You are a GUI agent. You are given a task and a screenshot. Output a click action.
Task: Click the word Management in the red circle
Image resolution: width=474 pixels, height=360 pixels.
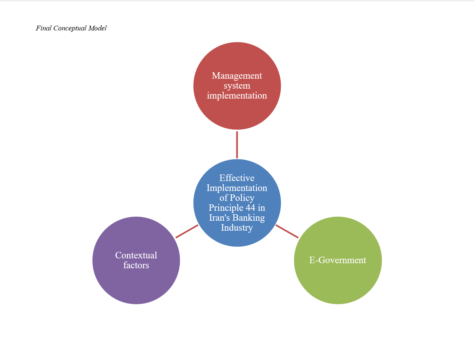(237, 76)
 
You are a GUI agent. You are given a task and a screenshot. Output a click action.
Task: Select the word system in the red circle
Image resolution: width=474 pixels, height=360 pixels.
(237, 86)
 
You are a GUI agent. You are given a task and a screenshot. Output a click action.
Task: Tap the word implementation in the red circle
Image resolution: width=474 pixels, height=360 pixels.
(237, 96)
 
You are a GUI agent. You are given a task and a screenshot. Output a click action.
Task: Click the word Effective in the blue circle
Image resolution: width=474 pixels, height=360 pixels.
(237, 178)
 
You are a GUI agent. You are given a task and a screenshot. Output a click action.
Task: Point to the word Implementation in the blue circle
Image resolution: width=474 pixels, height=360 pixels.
(237, 188)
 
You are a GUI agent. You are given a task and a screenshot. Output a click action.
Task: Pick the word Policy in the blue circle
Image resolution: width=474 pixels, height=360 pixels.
(242, 198)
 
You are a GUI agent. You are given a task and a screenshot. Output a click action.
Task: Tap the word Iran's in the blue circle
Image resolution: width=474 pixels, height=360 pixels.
(219, 218)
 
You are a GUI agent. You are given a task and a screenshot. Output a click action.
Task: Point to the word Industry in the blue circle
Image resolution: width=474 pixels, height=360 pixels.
(237, 228)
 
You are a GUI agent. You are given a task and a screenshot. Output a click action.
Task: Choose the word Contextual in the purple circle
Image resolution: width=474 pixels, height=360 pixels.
(136, 255)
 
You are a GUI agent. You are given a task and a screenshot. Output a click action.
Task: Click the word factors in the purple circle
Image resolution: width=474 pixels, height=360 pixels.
(136, 265)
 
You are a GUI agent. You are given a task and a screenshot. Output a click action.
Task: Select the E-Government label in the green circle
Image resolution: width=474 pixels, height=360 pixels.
(338, 260)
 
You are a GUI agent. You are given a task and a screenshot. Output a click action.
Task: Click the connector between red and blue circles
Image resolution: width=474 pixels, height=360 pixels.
(237, 144)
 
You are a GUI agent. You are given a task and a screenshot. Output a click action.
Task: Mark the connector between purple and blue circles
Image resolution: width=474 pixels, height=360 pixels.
(187, 231)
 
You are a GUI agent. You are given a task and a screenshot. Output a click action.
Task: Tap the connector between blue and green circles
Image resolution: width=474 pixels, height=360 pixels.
(287, 231)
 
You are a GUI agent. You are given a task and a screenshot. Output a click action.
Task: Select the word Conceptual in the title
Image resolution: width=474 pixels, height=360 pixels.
(70, 28)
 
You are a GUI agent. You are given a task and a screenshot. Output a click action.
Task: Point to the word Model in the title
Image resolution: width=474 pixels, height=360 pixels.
(98, 28)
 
